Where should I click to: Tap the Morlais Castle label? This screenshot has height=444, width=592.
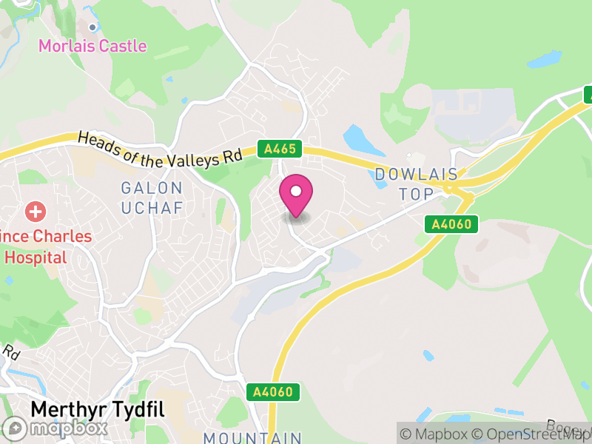click(x=92, y=46)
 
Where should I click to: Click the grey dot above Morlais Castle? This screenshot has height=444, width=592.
click(x=92, y=27)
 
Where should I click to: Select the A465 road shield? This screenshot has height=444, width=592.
click(x=280, y=149)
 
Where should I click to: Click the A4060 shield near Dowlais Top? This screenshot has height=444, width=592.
click(x=451, y=223)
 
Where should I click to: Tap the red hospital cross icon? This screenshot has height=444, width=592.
click(x=35, y=212)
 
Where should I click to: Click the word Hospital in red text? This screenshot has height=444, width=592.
click(x=36, y=258)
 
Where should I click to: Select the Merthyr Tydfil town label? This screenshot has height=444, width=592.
click(x=97, y=410)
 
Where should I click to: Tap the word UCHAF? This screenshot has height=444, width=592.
click(x=151, y=208)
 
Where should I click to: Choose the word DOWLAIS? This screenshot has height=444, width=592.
click(x=412, y=175)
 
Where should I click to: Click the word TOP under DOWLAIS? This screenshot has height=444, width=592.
click(x=414, y=194)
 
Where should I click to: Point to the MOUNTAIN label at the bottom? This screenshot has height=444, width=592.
click(x=252, y=437)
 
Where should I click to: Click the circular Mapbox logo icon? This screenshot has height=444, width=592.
click(x=15, y=428)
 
